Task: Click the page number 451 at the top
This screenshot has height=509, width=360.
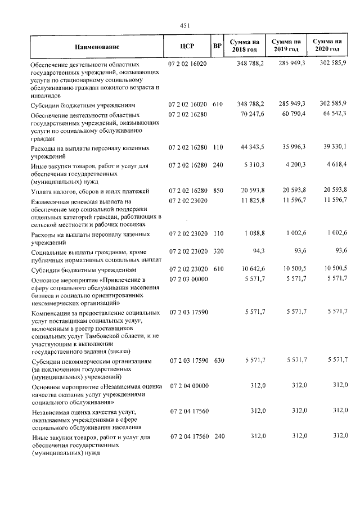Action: click(185, 25)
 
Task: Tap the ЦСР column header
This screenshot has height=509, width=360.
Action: click(187, 47)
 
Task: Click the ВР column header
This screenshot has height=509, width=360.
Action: click(218, 47)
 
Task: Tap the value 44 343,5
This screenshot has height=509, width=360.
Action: click(251, 148)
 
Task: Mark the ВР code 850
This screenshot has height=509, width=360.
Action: click(218, 191)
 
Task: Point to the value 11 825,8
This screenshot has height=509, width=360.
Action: click(251, 200)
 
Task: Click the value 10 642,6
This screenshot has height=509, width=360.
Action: click(251, 269)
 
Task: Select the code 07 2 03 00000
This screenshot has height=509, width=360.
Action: click(188, 278)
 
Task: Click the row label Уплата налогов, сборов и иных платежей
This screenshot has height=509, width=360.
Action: click(88, 192)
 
